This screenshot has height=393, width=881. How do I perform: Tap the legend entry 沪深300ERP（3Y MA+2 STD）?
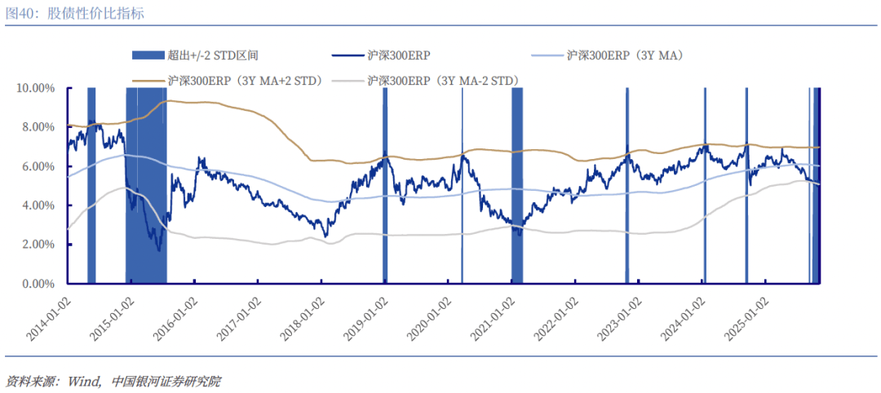click(x=245, y=81)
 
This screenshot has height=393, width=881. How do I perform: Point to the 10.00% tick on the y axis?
click(x=35, y=88)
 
